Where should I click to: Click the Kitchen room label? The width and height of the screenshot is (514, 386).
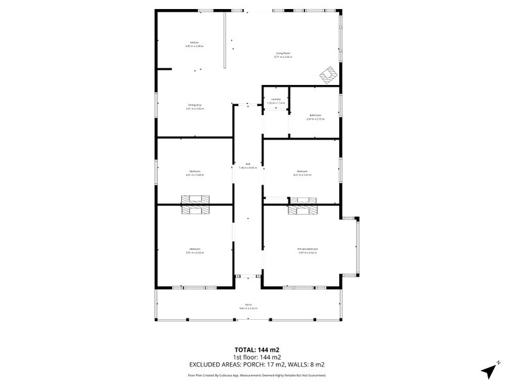[194, 44]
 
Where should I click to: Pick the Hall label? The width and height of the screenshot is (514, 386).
[247, 165]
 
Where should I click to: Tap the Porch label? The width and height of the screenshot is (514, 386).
[247, 306]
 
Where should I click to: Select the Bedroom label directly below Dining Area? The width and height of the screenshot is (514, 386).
[194, 172]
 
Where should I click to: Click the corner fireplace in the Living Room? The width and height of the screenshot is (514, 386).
[328, 76]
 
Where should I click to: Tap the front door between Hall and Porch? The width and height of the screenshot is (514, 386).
[247, 277]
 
